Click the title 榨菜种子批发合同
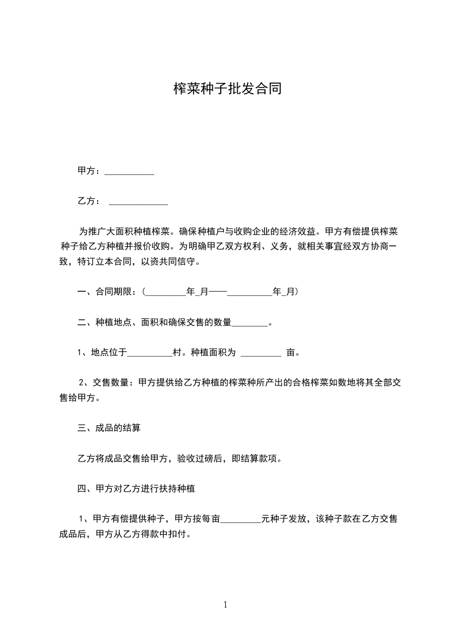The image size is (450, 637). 227,89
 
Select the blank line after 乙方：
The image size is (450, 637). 138,201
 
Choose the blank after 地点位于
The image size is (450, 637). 150,353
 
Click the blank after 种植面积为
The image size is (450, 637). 261,353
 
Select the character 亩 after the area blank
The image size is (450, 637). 291,353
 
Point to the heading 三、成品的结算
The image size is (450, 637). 109,428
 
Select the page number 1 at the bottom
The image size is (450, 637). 225,605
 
